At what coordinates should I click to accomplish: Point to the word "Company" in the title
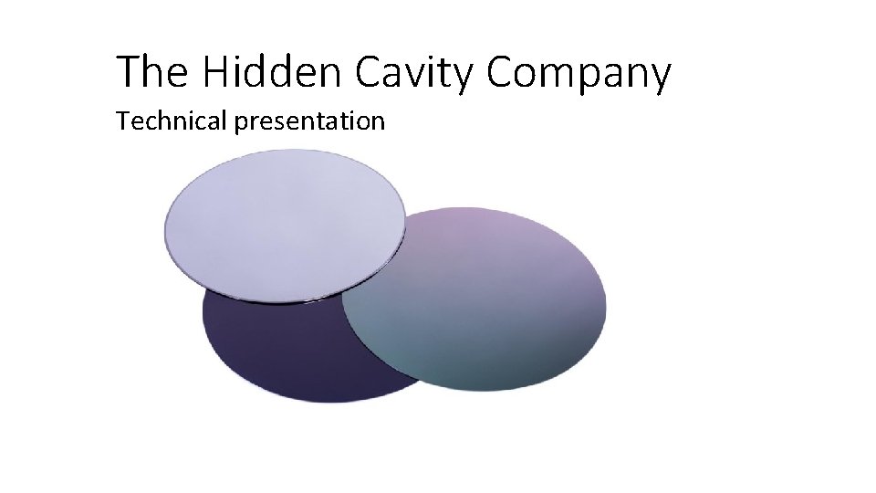[579, 73]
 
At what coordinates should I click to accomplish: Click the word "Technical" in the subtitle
[171, 121]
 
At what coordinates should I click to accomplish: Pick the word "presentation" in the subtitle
[310, 121]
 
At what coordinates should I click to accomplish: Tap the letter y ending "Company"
[659, 77]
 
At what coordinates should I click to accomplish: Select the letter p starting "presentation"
[242, 123]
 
